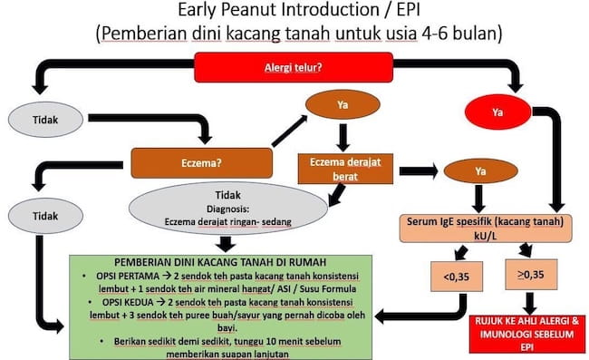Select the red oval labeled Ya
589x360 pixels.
pyautogui.click(x=496, y=114)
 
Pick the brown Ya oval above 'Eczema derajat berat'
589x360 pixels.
pyautogui.click(x=343, y=104)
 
